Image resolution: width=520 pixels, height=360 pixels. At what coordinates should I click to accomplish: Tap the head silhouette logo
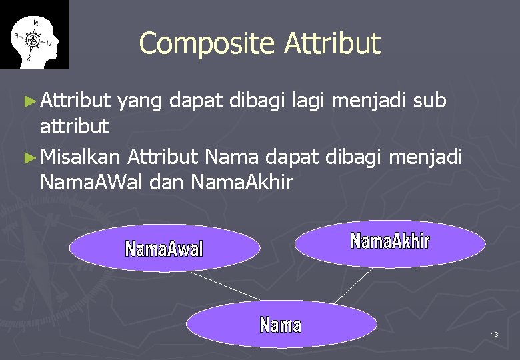click(x=35, y=35)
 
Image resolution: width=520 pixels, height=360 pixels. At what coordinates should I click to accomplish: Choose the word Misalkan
click(x=80, y=158)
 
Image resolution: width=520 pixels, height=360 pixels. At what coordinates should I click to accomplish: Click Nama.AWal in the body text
click(x=91, y=181)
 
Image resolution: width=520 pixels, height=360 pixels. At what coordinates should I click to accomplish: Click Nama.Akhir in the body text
click(x=241, y=181)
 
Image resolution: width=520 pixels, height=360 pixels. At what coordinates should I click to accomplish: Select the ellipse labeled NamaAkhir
click(x=390, y=243)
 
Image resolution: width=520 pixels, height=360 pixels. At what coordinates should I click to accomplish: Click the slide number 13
click(x=494, y=334)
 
